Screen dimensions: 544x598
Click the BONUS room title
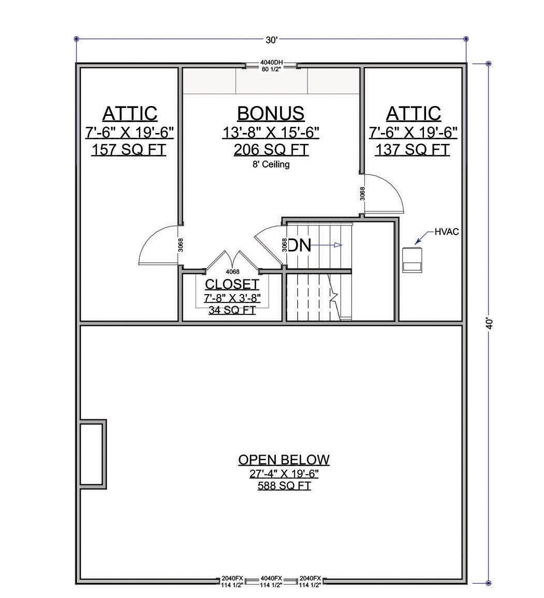coord(271,113)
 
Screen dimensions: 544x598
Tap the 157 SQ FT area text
coord(129,150)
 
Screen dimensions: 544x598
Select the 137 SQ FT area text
coord(413,150)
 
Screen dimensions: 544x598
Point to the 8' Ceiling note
coord(271,164)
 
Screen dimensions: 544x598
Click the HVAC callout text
coord(447,232)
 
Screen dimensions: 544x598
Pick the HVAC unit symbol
coord(412,260)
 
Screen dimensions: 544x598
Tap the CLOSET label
coord(232,284)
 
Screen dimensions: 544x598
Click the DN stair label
coord(300,245)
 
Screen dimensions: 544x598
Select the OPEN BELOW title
coord(284,460)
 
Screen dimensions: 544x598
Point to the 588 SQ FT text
coord(284,486)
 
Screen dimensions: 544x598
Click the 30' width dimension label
coord(271,40)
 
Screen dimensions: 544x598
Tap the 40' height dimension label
coord(489,324)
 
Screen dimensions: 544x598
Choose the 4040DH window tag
coord(272,62)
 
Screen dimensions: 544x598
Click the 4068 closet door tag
coord(233,272)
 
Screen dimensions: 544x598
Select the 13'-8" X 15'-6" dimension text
coord(271,132)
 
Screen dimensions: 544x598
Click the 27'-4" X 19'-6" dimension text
coord(284,474)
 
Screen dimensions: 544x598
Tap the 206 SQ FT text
coord(271,150)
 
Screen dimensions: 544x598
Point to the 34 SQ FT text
coord(232,310)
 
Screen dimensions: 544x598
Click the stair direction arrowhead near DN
coord(338,245)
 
